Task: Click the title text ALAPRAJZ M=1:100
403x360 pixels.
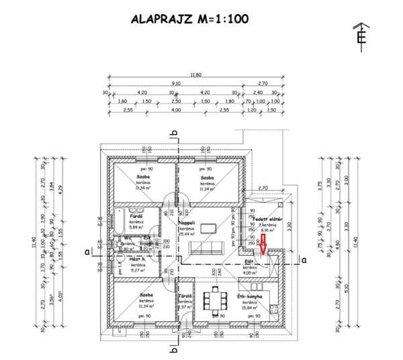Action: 189,19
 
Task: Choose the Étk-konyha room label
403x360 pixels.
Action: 249,296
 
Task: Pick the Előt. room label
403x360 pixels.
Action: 248,262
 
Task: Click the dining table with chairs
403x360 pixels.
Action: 216,300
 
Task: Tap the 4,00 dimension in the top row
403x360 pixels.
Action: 176,109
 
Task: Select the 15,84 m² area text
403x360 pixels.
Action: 249,308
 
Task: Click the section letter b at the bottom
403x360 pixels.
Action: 175,349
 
